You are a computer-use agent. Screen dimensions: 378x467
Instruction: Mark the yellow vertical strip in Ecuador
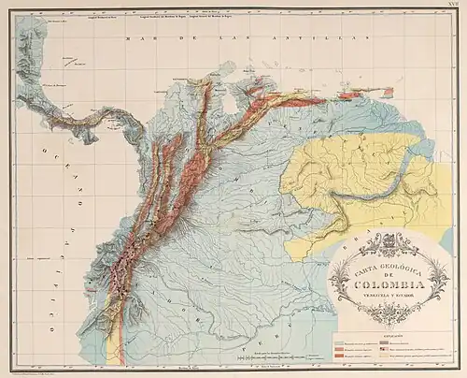coord(114,342)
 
